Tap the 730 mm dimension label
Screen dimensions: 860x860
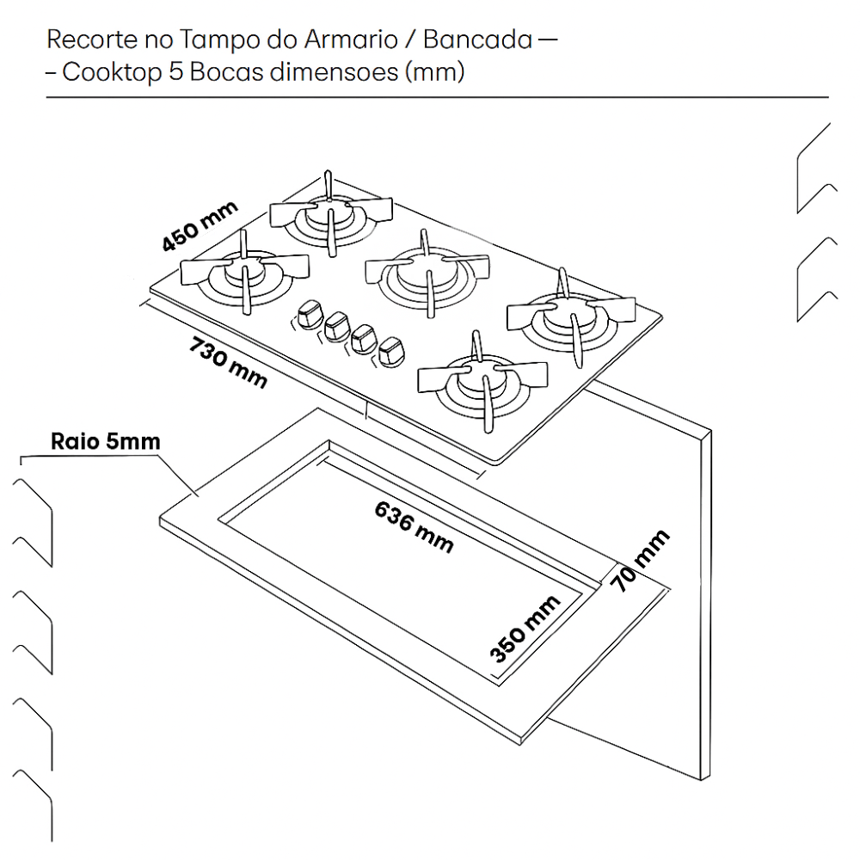click(x=228, y=362)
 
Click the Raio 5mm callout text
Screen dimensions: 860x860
click(x=106, y=442)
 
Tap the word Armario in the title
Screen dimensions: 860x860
click(x=332, y=40)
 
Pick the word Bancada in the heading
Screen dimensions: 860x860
click(x=477, y=40)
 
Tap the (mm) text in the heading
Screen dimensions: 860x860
click(x=433, y=72)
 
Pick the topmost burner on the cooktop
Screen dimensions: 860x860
click(x=331, y=212)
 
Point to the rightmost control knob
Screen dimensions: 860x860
click(x=392, y=350)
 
